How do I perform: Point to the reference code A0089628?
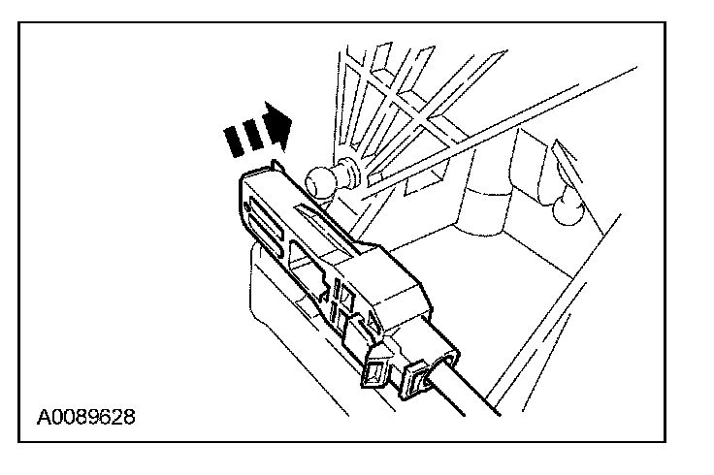click(86, 419)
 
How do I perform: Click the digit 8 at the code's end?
click(129, 419)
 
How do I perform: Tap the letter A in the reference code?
click(44, 419)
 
